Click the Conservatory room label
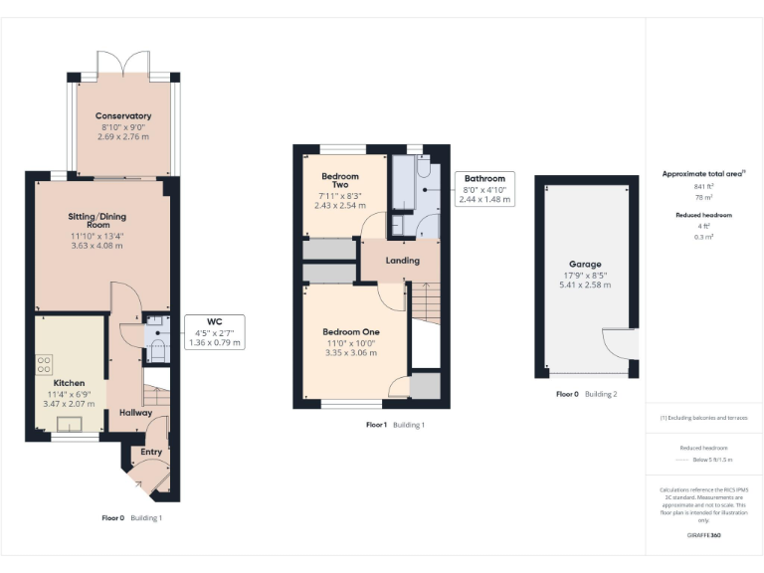(124, 116)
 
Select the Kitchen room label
(69, 383)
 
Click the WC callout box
(214, 331)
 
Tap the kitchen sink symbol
(70, 425)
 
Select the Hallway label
(136, 412)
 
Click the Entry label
(151, 452)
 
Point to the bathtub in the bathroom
(404, 185)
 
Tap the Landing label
(403, 261)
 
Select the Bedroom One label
(350, 331)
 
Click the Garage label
(584, 265)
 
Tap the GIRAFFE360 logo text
(704, 535)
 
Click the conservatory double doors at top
(124, 65)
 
